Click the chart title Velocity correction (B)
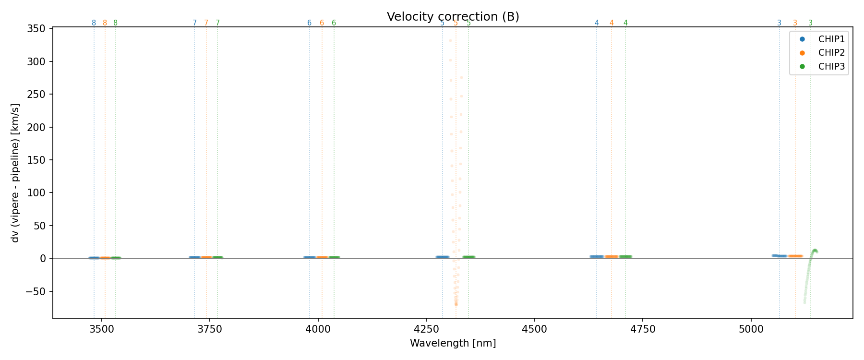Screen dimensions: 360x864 (453, 17)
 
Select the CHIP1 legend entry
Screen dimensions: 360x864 (831, 39)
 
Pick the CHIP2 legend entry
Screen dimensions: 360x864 (831, 53)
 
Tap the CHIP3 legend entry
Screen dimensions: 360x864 (831, 67)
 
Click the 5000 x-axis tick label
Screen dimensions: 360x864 (751, 329)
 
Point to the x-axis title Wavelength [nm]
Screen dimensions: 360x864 (453, 344)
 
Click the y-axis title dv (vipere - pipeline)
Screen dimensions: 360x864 (15, 173)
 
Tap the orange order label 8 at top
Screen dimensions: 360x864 (105, 23)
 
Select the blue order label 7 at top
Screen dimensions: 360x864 (194, 23)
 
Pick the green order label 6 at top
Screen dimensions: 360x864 (334, 23)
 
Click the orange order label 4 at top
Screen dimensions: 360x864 (612, 23)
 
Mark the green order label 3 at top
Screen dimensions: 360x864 (811, 23)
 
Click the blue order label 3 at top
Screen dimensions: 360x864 (779, 23)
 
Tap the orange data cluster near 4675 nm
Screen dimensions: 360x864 (612, 257)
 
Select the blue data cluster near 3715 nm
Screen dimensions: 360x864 (194, 258)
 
